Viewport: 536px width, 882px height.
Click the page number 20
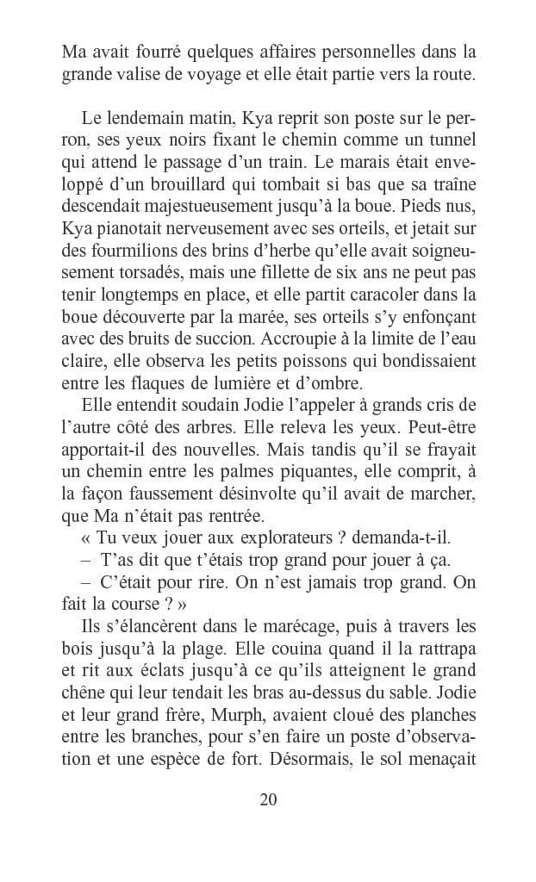pyautogui.click(x=267, y=799)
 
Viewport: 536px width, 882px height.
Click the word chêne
pyautogui.click(x=84, y=693)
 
